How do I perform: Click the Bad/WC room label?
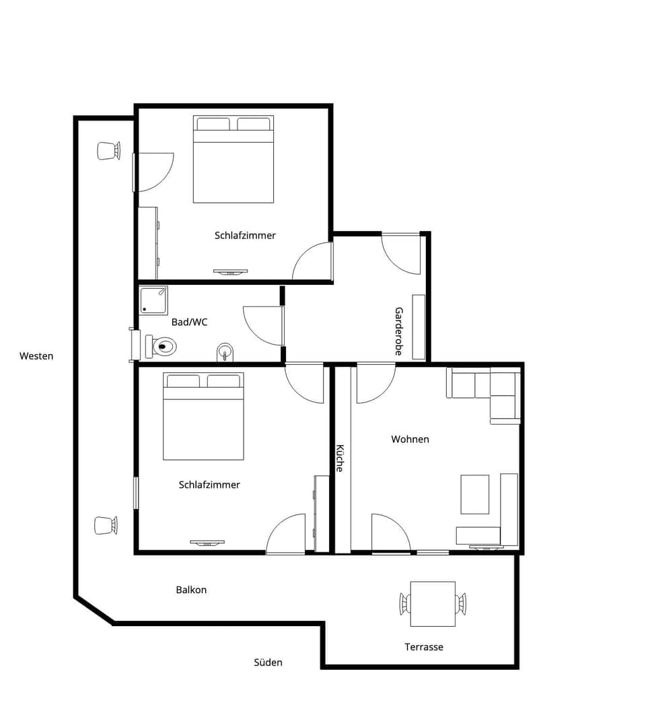[x=189, y=322]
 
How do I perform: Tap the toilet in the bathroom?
[x=162, y=347]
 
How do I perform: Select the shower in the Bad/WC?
[x=153, y=300]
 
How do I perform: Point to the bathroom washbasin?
[x=225, y=352]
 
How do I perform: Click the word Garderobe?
[x=398, y=331]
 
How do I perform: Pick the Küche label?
[x=340, y=458]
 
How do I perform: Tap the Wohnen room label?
[x=410, y=439]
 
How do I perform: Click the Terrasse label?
[x=423, y=647]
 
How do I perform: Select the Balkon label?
[x=191, y=590]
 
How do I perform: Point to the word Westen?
[x=36, y=355]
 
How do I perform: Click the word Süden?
[x=268, y=663]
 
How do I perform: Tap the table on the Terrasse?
[x=433, y=603]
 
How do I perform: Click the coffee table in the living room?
[x=474, y=494]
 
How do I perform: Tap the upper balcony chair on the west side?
[x=108, y=151]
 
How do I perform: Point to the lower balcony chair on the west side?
[x=106, y=525]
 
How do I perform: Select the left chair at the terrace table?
[x=404, y=603]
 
